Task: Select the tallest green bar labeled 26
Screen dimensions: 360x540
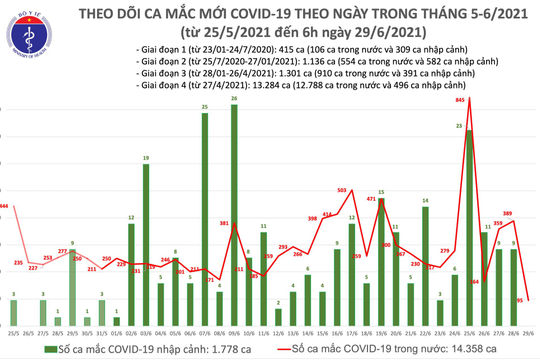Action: pyautogui.click(x=234, y=200)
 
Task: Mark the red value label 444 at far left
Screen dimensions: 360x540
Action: pyautogui.click(x=4, y=206)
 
